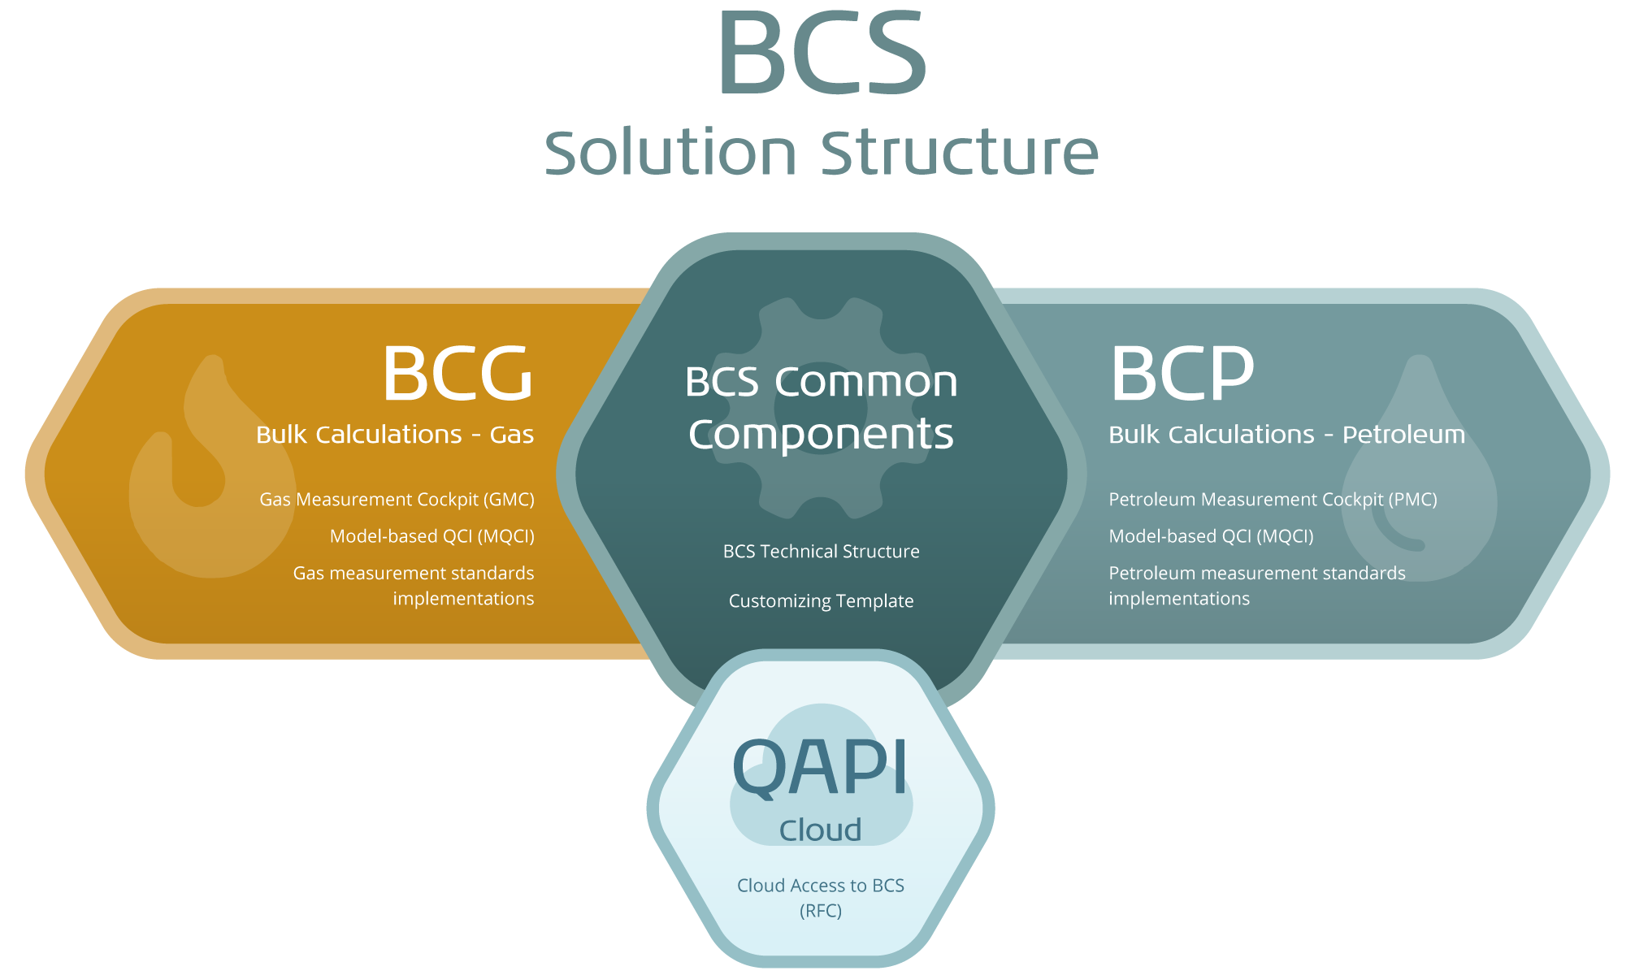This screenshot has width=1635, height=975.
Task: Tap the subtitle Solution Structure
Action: [821, 153]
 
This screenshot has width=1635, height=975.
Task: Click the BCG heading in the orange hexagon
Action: [458, 374]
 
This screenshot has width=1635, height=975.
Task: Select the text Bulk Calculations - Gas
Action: [395, 435]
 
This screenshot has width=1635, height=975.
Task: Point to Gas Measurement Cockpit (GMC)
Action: [397, 500]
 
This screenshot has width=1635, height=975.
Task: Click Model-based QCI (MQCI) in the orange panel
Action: [432, 536]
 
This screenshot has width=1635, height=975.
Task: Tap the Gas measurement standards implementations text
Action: [414, 586]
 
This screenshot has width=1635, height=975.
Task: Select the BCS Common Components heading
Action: [821, 407]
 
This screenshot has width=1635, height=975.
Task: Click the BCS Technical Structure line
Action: [821, 552]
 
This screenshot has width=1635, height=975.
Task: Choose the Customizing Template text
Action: [821, 601]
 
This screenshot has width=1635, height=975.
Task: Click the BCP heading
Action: [1182, 374]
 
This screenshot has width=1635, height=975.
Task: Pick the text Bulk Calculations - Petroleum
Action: [1286, 435]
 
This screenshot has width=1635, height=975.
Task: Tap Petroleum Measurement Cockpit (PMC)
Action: [1273, 500]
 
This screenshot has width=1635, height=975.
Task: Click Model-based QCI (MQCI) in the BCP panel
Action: [1211, 536]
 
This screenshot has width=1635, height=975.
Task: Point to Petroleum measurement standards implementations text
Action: [1256, 586]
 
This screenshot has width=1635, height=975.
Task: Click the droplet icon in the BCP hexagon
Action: [1419, 487]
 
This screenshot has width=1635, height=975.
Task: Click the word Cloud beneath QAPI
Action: [820, 830]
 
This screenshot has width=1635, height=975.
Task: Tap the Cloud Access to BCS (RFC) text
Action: [820, 898]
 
